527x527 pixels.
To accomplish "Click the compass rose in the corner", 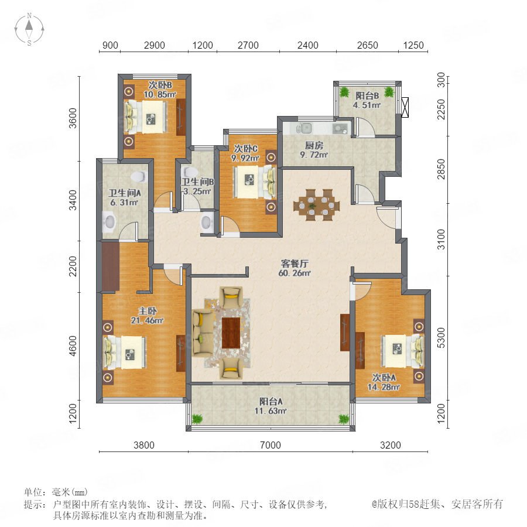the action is point(29,29).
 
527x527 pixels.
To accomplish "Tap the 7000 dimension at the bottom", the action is point(270,445).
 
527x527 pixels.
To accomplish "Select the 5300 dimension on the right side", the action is point(441,338).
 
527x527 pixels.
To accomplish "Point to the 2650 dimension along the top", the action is point(367,45).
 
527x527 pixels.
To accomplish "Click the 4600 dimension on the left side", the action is point(73,345).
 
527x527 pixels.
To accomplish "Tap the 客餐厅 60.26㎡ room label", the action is point(295,268).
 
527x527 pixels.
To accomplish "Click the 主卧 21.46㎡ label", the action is point(147,316).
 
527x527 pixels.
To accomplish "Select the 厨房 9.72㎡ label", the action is point(314,150).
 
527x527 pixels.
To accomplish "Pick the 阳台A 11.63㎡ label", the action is point(271,406).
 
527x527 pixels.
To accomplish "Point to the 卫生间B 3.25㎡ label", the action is point(198,187).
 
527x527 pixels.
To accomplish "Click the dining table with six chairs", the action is point(316,205).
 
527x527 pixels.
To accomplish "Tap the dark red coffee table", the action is point(231,333).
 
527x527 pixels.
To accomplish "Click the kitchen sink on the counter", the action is point(306,128).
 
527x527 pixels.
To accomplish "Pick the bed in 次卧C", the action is point(255,182).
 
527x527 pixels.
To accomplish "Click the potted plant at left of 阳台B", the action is point(344,92).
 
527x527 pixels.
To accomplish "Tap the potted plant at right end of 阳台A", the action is point(344,419).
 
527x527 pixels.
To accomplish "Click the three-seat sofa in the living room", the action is point(203,333).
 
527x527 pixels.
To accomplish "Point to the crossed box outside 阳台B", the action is point(405,107).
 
